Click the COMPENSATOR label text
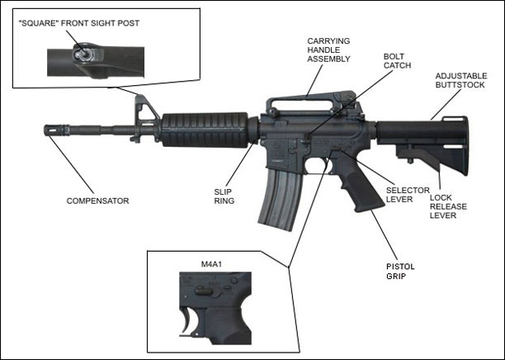pos(97,201)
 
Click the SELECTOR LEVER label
pos(408,196)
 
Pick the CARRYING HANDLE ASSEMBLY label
pos(329,50)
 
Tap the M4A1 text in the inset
pos(213,265)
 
